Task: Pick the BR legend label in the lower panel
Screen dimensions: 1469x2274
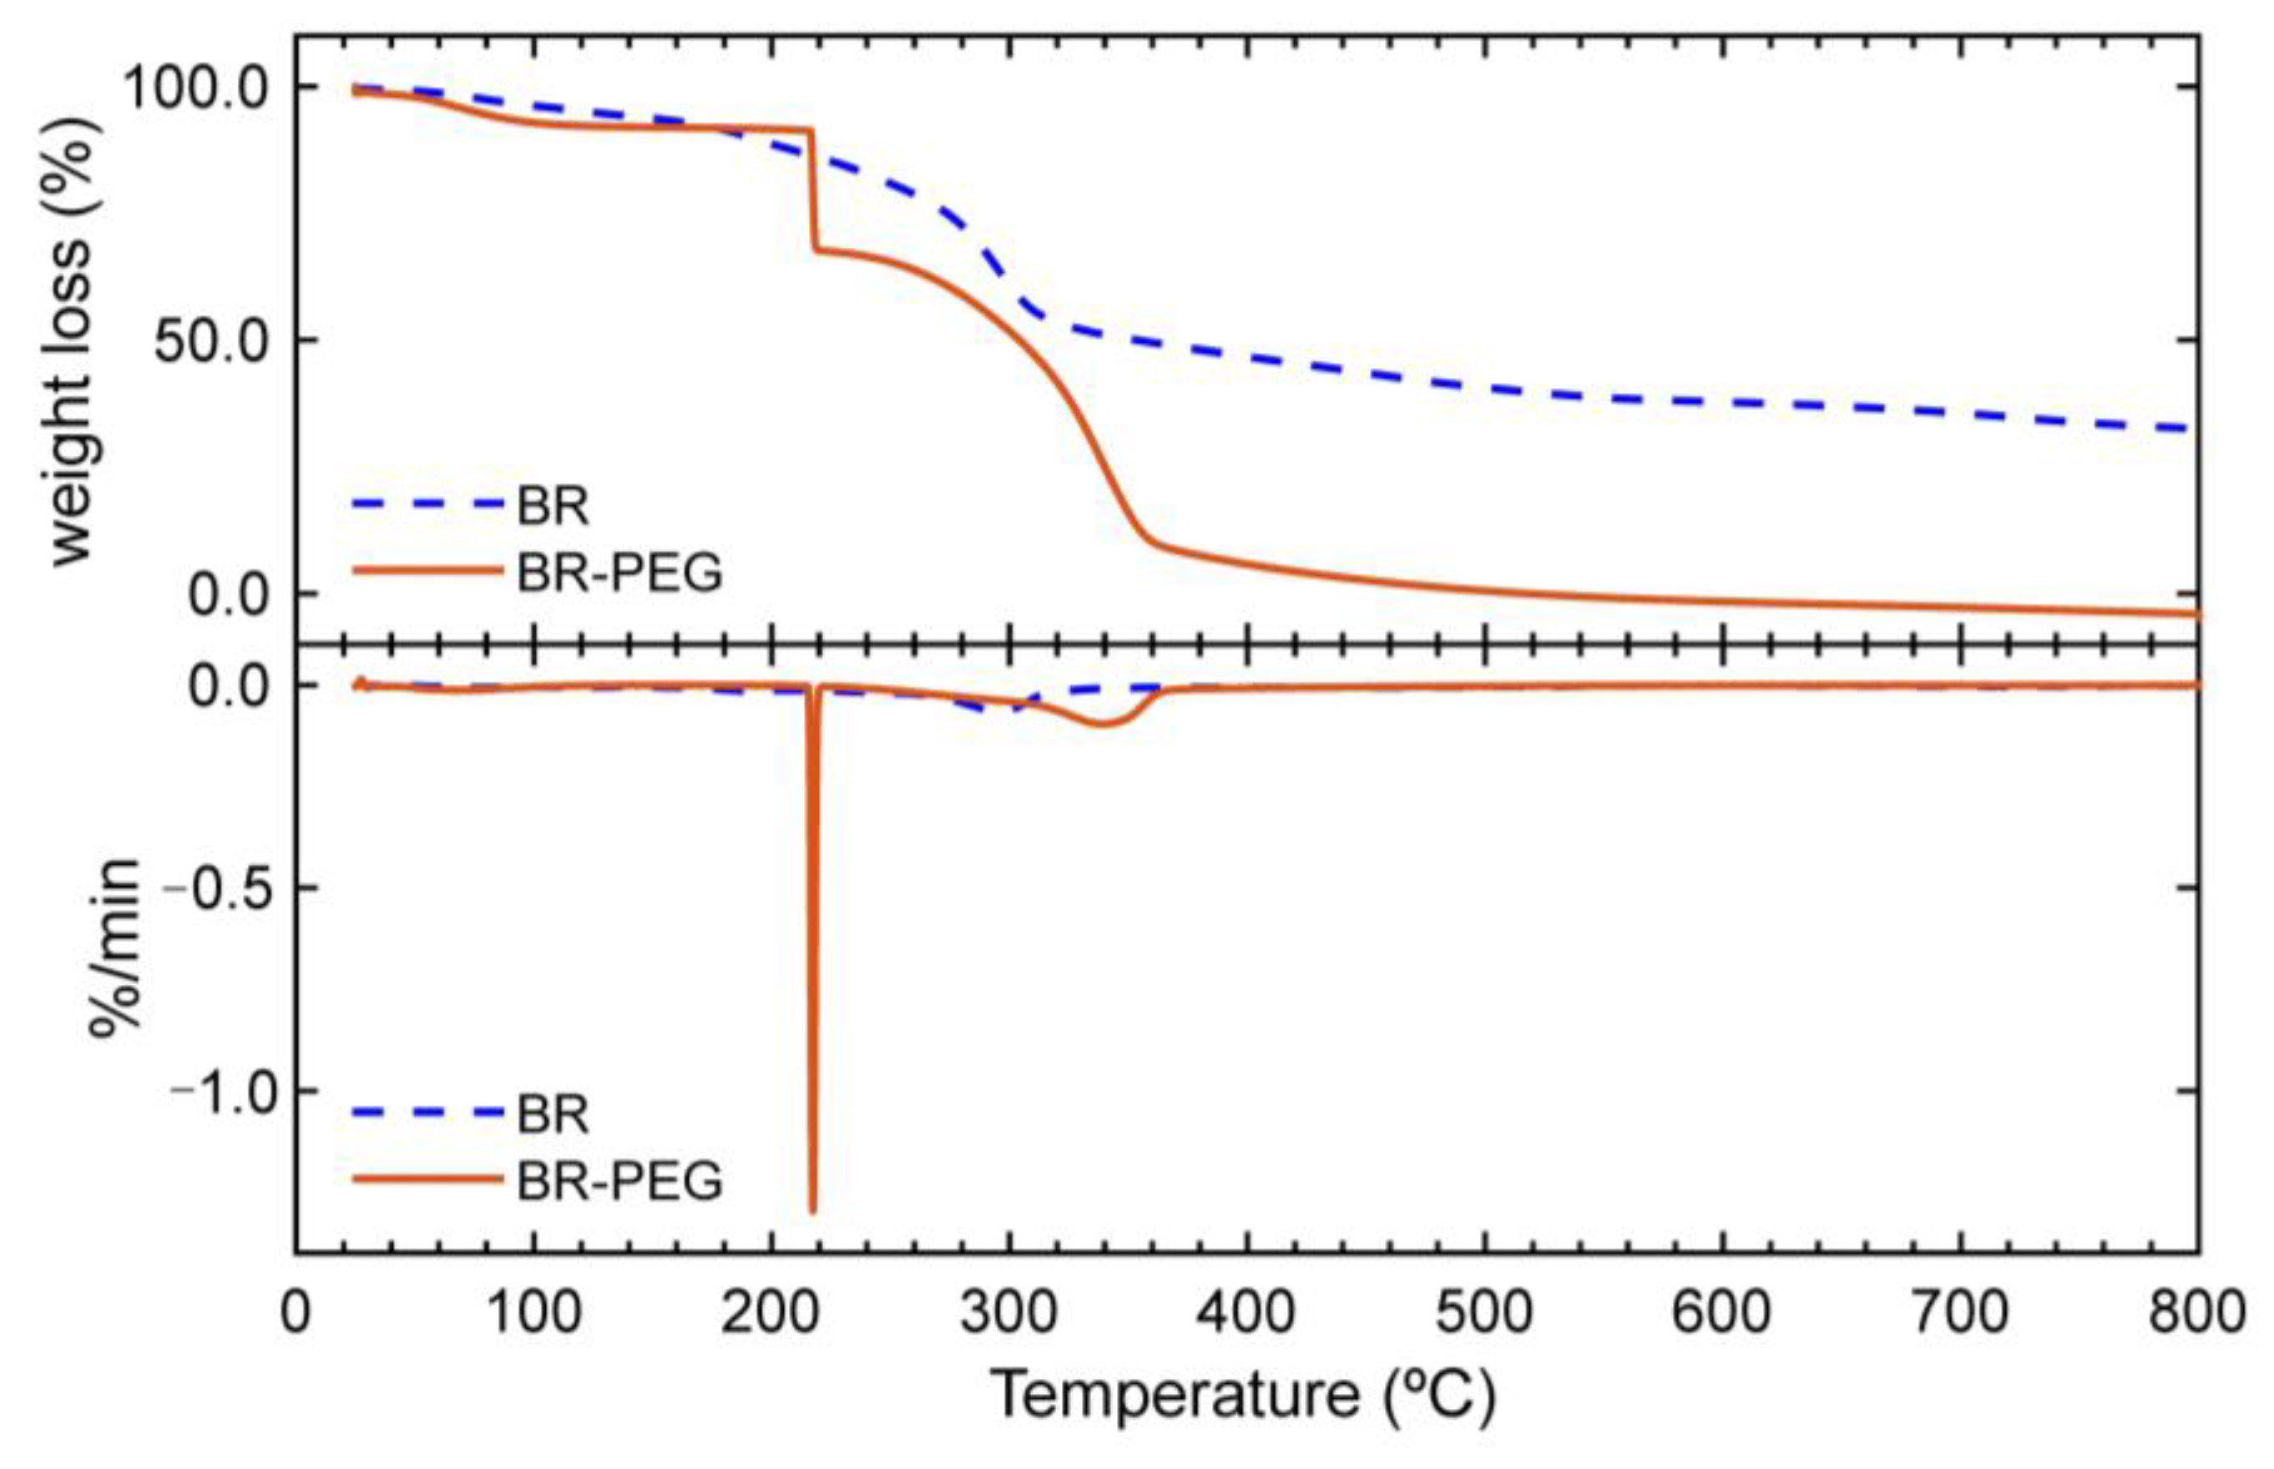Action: (553, 1113)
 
